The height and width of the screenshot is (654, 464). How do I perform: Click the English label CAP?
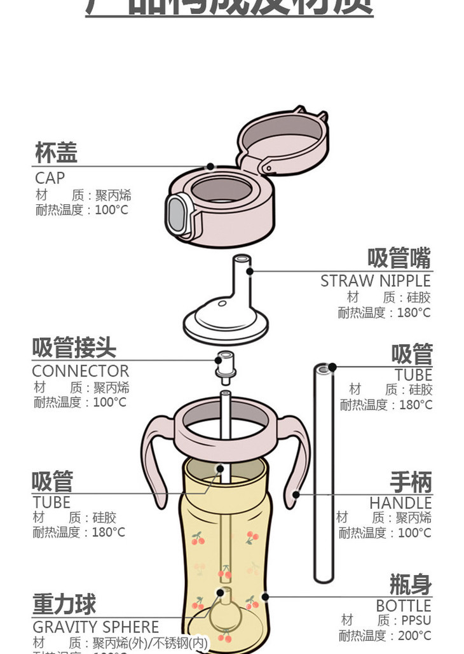coord(50,178)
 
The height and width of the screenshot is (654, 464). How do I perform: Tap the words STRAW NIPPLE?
coord(375,281)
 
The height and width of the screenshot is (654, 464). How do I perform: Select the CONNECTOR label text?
coord(80,371)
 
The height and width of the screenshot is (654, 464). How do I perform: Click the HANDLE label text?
coord(400,503)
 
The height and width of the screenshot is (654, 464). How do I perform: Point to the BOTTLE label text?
coord(403,606)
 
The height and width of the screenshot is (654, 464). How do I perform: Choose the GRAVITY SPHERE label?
coord(95,627)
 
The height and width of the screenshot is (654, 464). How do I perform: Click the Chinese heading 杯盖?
coord(56,153)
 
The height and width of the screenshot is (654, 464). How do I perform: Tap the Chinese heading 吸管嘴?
coord(399,259)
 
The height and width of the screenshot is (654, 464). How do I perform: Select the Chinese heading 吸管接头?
coord(74,349)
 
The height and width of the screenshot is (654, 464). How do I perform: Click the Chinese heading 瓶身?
coord(410,584)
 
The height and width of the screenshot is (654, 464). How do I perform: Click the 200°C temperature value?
coord(414,636)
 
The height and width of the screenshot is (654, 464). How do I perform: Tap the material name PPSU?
coord(416,620)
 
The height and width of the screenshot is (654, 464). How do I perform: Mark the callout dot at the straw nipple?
coord(250,272)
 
